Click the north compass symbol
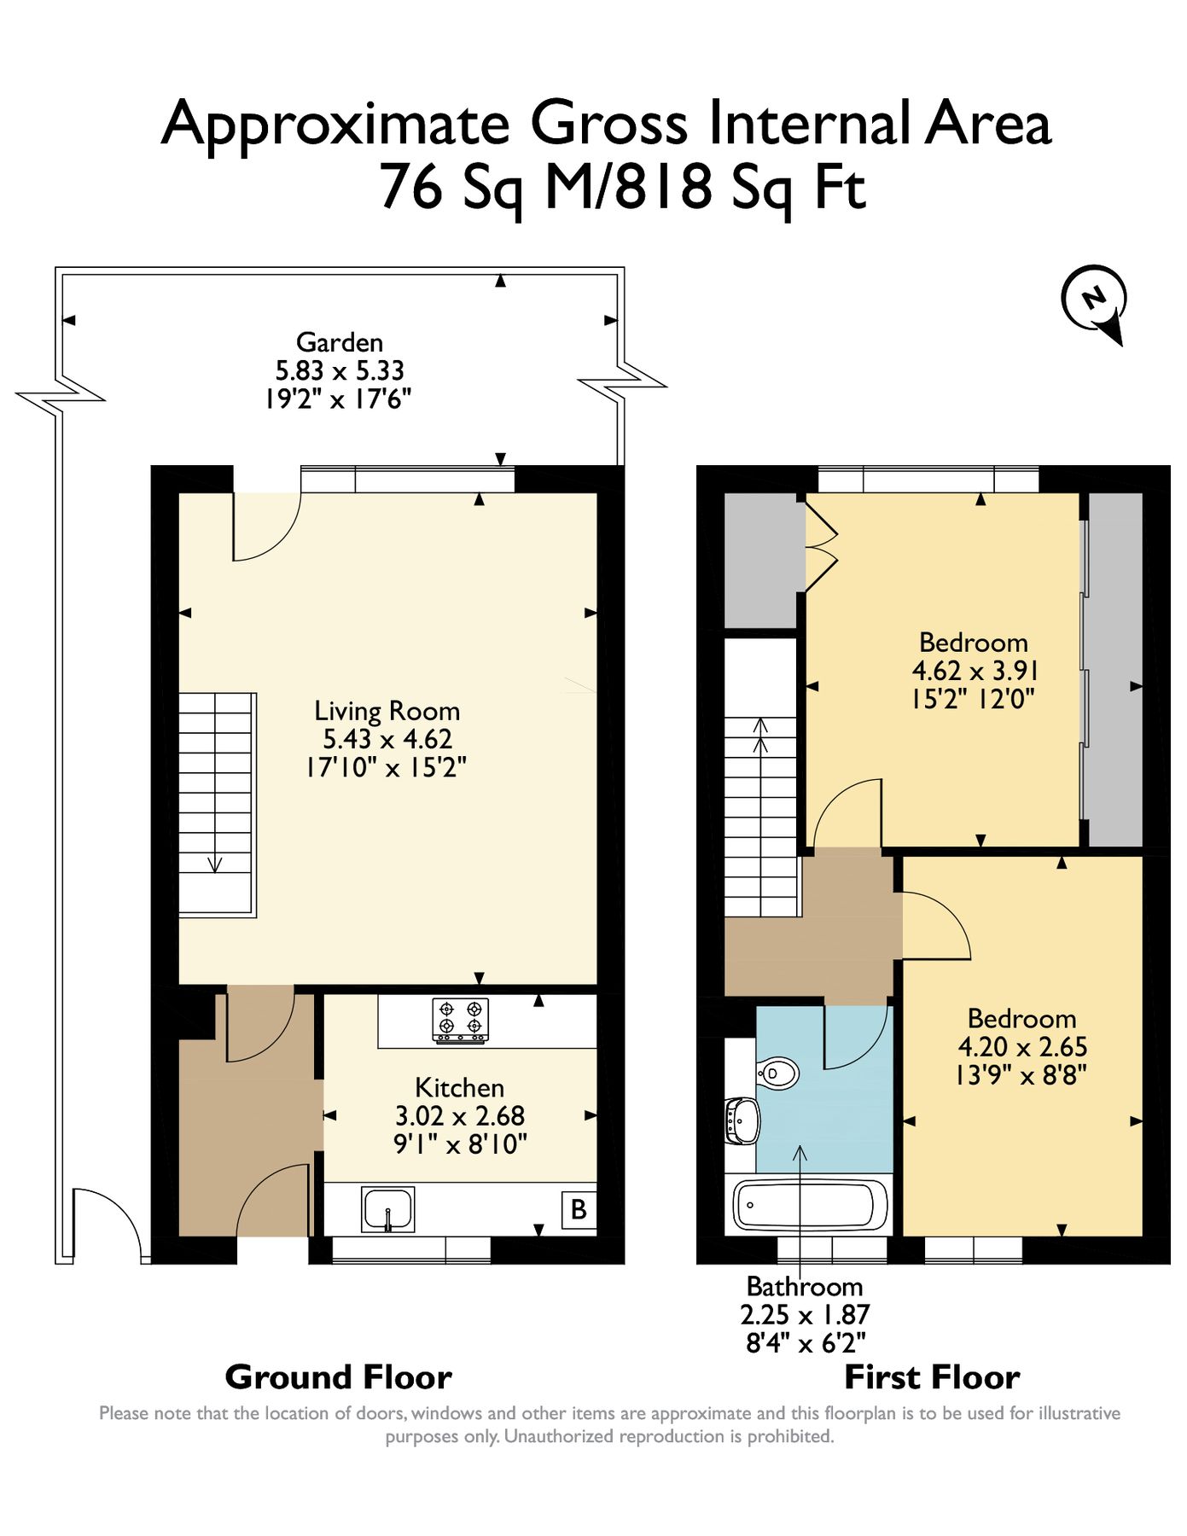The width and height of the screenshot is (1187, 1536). [1093, 301]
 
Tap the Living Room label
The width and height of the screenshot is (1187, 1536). [387, 711]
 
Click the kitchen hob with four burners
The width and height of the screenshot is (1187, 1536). [461, 1020]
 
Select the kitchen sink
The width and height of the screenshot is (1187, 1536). [388, 1209]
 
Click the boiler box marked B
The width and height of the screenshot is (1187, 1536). [579, 1209]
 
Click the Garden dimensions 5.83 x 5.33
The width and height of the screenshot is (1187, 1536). [340, 370]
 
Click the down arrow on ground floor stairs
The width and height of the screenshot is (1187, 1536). [215, 863]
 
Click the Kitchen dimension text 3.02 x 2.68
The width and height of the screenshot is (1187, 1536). [460, 1115]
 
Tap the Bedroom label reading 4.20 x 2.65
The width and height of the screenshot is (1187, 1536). [1022, 1046]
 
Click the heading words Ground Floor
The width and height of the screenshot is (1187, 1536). [338, 1377]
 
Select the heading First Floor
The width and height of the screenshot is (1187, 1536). [932, 1377]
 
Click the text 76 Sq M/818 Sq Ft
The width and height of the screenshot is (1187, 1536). [623, 188]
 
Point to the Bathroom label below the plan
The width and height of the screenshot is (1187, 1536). [805, 1286]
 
